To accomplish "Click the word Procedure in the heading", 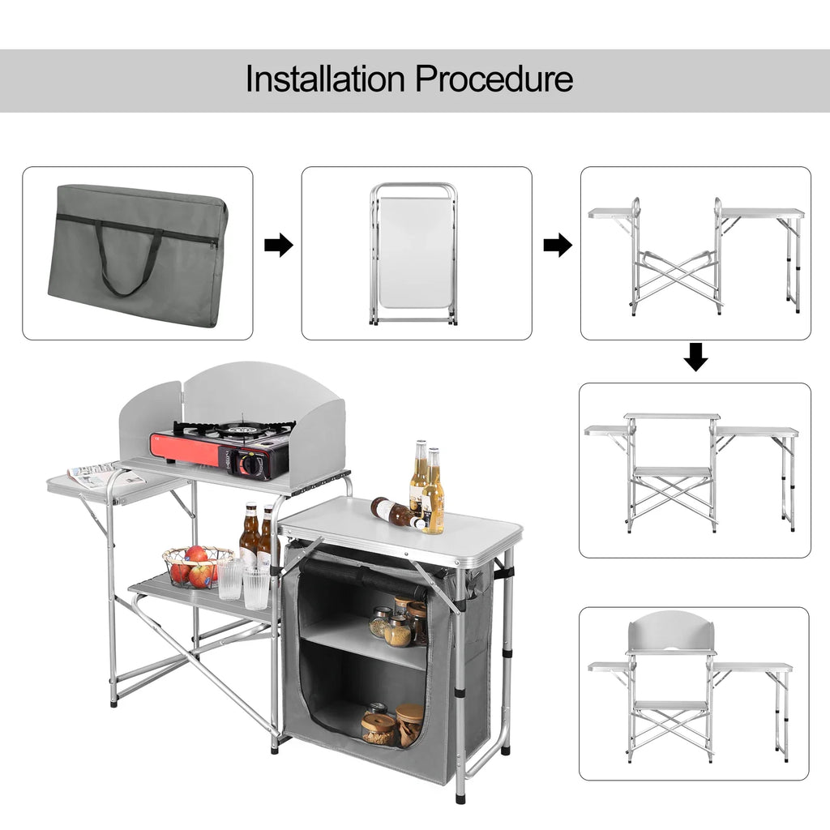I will tap(494, 79).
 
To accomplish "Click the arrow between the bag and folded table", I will tap(278, 245).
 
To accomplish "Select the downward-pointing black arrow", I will tap(695, 357).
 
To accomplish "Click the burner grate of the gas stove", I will tap(235, 430).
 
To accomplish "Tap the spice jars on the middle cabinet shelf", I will tap(397, 624).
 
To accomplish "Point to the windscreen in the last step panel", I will tap(671, 631).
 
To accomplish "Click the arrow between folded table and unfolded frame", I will tap(557, 245).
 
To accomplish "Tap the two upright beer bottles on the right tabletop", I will tap(427, 486).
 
